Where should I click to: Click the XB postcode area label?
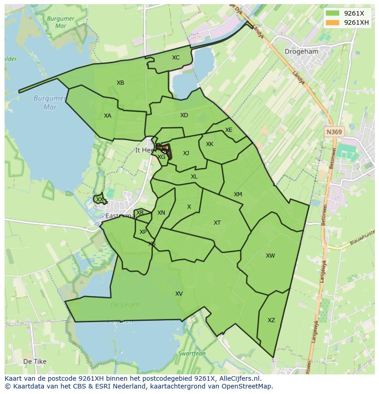click(120, 83)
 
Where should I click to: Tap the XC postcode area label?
click(176, 58)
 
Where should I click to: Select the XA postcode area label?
click(108, 116)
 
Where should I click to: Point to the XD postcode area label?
click(184, 115)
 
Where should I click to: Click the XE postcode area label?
click(229, 130)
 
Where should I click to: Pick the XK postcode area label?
click(210, 144)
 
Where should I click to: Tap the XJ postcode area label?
click(186, 153)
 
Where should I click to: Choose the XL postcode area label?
click(194, 177)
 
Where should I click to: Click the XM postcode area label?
click(238, 194)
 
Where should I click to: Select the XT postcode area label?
click(217, 223)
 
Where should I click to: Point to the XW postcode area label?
click(271, 256)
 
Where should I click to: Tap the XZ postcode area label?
click(271, 320)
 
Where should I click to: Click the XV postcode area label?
click(179, 294)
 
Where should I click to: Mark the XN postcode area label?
click(161, 213)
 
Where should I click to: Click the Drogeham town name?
click(301, 52)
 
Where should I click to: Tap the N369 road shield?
click(334, 132)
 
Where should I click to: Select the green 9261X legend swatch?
click(333, 14)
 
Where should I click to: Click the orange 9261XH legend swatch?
click(333, 22)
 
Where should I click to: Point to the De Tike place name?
click(35, 362)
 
